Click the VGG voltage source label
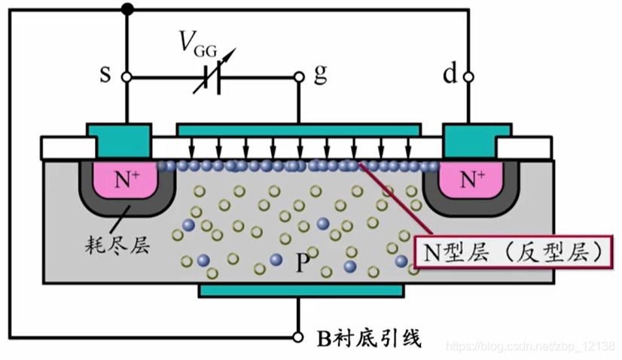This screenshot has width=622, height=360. click(x=198, y=47)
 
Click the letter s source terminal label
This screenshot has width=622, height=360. click(x=106, y=76)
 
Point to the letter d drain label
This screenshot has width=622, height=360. click(x=450, y=75)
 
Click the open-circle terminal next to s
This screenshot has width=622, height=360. click(x=127, y=77)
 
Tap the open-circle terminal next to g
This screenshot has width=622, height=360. click(x=299, y=77)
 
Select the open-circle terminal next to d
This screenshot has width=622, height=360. click(x=469, y=77)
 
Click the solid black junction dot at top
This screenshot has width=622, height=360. click(x=127, y=10)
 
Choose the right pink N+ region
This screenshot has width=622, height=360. click(x=471, y=180)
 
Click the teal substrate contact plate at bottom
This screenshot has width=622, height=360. click(x=300, y=290)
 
